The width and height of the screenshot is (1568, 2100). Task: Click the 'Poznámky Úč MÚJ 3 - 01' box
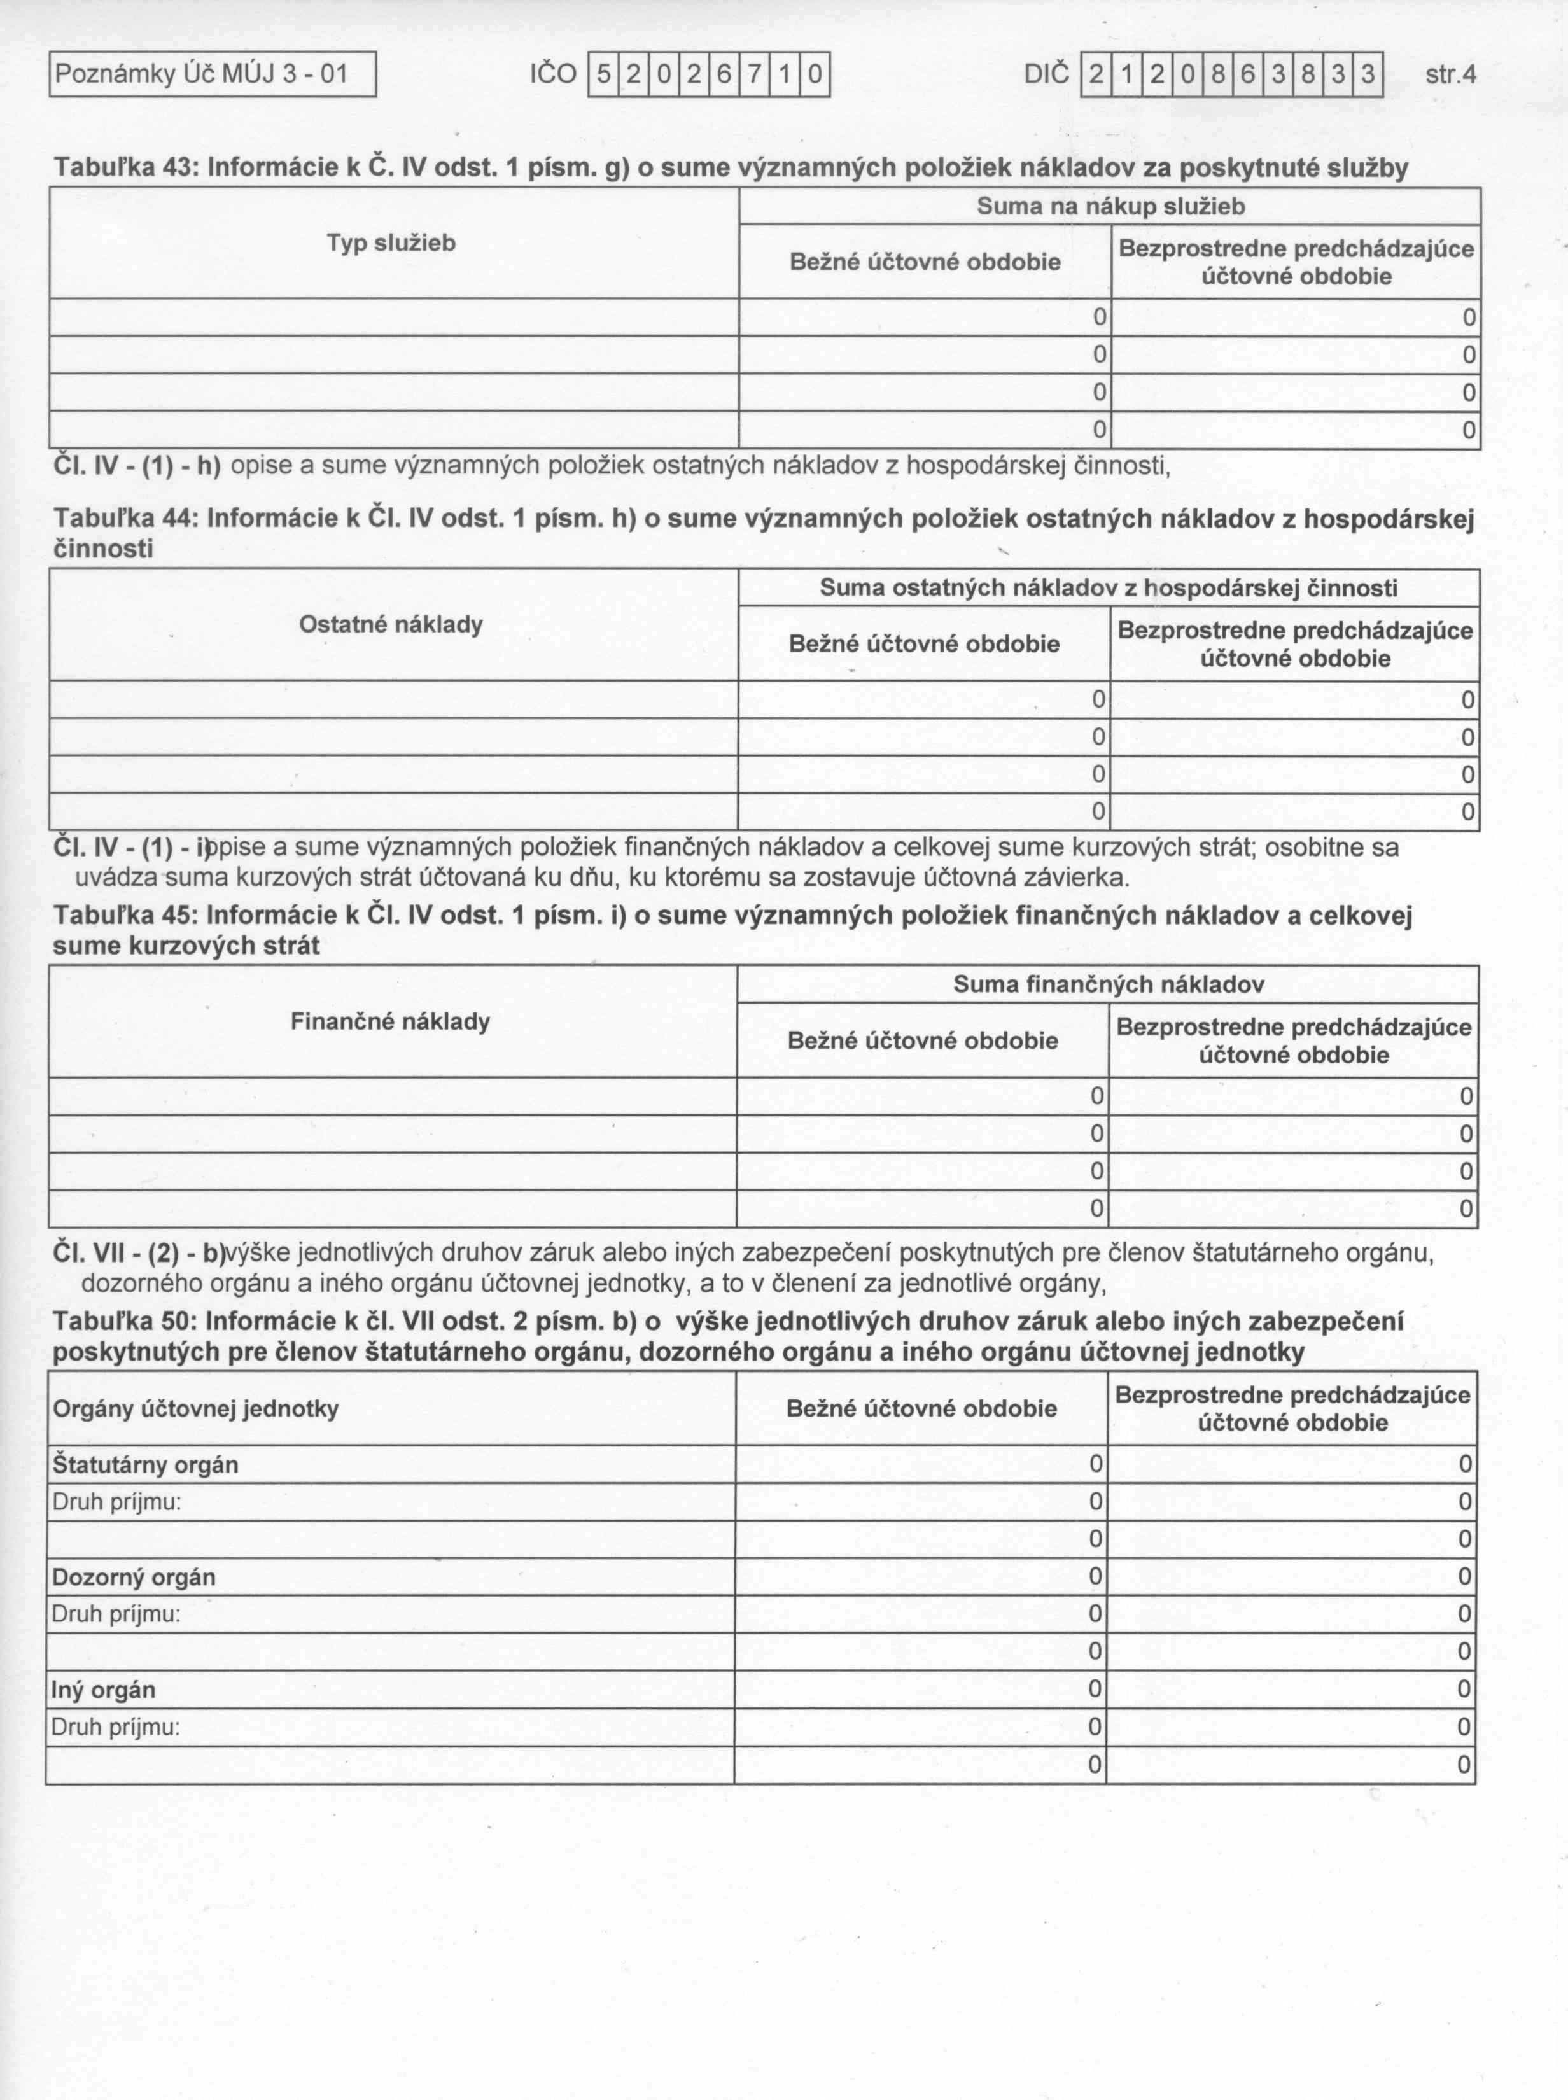pos(213,74)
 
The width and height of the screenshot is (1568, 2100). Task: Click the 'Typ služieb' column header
pos(391,244)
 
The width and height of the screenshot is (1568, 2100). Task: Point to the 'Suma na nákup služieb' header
pos(1110,207)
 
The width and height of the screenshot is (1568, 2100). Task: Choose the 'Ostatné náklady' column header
pos(391,624)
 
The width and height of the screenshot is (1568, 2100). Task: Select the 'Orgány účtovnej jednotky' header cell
pos(195,1409)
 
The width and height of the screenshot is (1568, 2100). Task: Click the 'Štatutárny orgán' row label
pos(145,1465)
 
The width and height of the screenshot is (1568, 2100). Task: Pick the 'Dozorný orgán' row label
pos(134,1577)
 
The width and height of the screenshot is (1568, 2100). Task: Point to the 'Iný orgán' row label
pos(104,1689)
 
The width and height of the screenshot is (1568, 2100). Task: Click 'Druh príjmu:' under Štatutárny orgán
pos(116,1502)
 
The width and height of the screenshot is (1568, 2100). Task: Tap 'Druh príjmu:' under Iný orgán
pos(116,1727)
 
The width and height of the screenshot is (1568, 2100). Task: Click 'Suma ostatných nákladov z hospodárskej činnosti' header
pos(1109,589)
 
